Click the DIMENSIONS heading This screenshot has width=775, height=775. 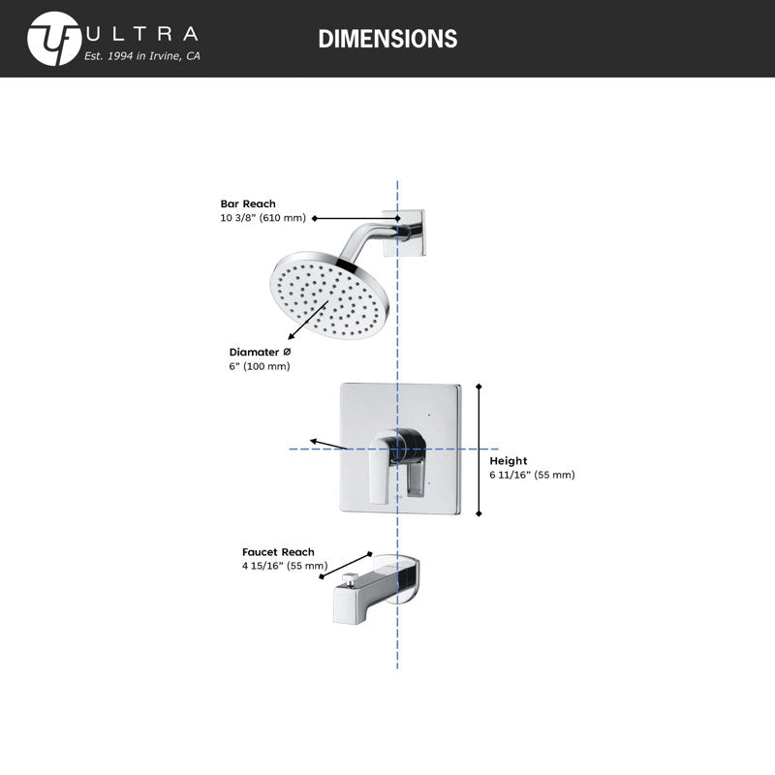(x=387, y=39)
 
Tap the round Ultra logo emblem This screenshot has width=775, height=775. (x=54, y=39)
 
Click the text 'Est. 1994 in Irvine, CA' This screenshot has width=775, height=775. (x=141, y=56)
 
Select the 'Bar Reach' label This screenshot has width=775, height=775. (x=248, y=203)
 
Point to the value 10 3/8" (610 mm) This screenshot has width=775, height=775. (x=263, y=218)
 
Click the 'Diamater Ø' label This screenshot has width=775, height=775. (x=260, y=352)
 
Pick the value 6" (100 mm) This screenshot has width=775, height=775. (x=260, y=366)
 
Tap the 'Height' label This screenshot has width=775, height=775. (x=508, y=461)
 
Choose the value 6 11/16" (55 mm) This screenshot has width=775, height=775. (x=532, y=475)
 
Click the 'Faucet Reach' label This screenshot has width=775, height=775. (x=278, y=552)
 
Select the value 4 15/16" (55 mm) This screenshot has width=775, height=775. (x=285, y=566)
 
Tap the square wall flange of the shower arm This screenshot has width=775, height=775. (x=404, y=232)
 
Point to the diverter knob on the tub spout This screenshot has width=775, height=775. (x=351, y=578)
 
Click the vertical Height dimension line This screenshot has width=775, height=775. (x=479, y=449)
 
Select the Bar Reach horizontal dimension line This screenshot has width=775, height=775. (x=356, y=218)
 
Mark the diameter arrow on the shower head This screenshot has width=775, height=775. (x=308, y=320)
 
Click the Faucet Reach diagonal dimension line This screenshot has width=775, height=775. (x=346, y=566)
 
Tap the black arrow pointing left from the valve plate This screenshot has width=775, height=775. (x=328, y=444)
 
